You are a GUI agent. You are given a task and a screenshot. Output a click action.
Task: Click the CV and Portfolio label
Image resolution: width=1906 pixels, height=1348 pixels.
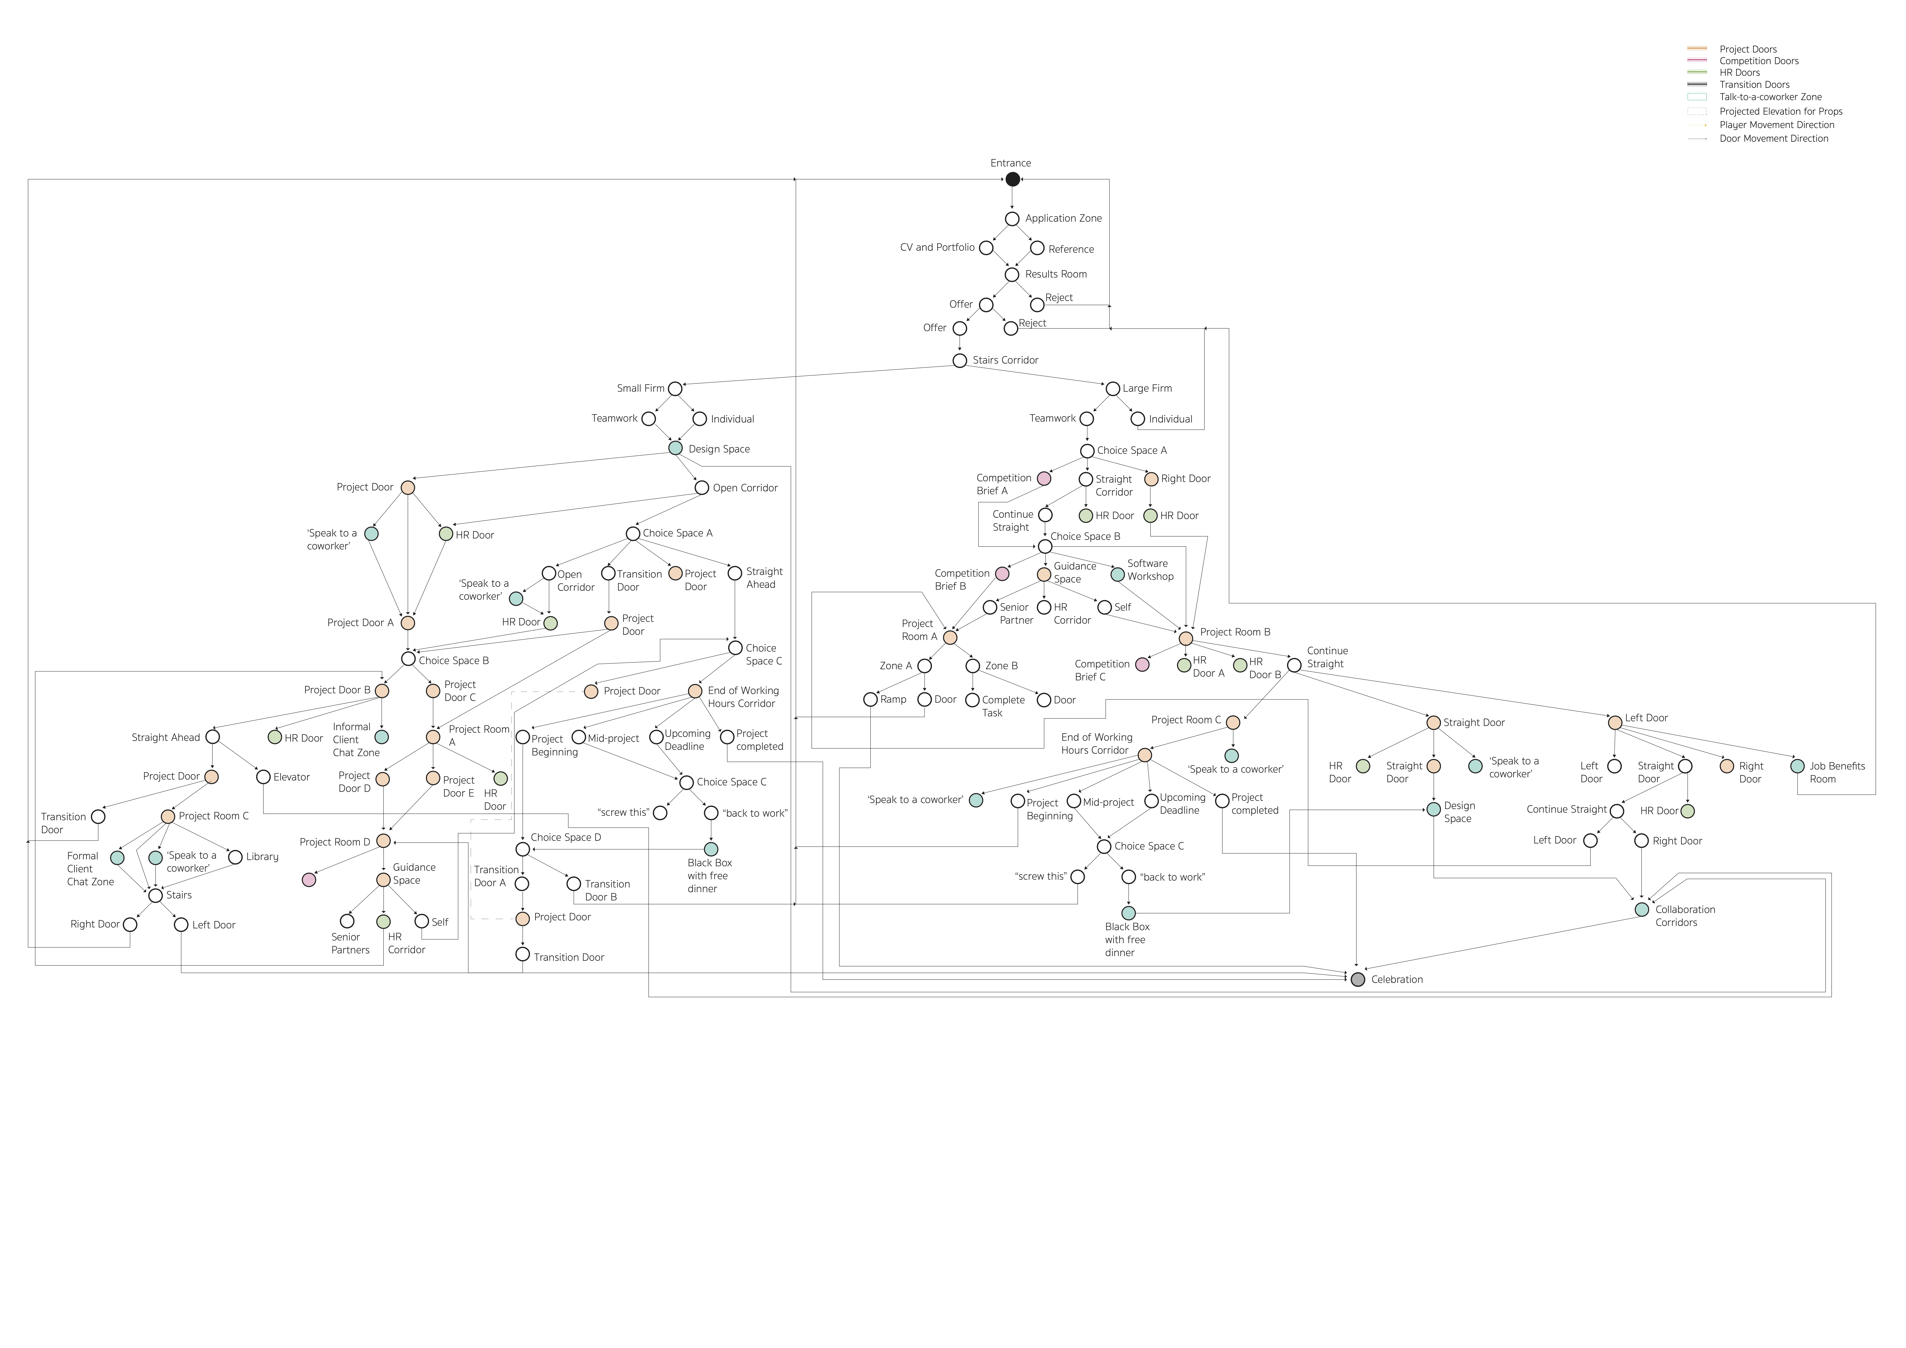(x=937, y=248)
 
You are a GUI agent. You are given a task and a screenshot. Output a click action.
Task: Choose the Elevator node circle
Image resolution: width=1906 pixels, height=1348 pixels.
(x=263, y=777)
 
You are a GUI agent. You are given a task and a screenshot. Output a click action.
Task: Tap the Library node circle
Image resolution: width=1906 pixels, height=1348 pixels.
(x=235, y=857)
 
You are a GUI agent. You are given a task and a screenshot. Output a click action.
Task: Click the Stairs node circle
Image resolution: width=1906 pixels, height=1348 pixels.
(x=155, y=895)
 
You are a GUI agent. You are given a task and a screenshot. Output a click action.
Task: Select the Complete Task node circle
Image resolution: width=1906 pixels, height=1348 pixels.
(x=973, y=700)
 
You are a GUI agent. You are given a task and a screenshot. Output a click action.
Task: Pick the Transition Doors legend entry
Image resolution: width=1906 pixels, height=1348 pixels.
(x=1754, y=85)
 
